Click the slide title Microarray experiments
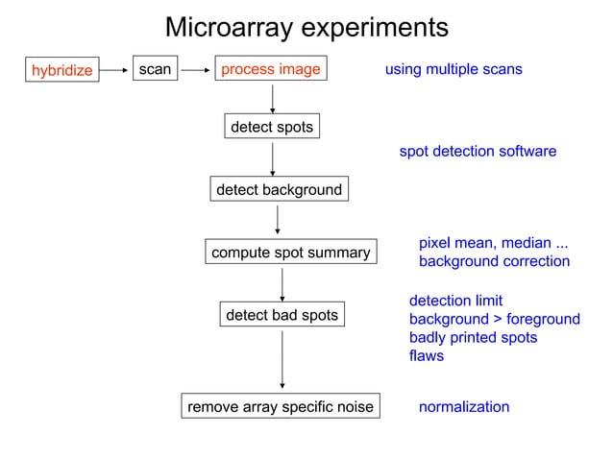306,28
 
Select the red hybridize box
61,70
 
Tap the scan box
155,69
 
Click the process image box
271,69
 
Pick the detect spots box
271,127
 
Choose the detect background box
279,189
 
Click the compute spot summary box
290,253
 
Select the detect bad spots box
282,315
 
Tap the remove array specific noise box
279,407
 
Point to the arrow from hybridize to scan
115,70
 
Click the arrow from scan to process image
196,70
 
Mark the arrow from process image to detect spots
273,98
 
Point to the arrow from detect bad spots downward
282,360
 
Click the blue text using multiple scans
454,69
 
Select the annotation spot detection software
478,152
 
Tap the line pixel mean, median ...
493,243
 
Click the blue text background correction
494,261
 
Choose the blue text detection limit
455,302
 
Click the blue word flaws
427,356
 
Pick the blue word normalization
464,407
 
